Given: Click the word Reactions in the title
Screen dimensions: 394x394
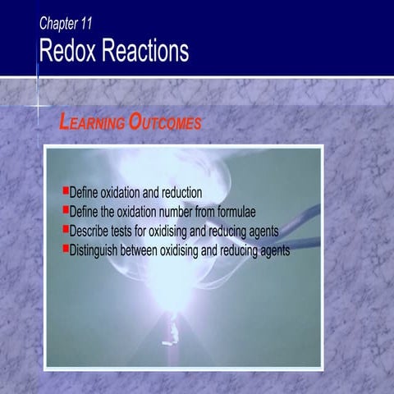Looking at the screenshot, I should point(146,51).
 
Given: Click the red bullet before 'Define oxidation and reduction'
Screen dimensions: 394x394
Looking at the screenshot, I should point(66,190).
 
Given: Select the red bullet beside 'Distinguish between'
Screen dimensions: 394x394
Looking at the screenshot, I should point(66,247).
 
